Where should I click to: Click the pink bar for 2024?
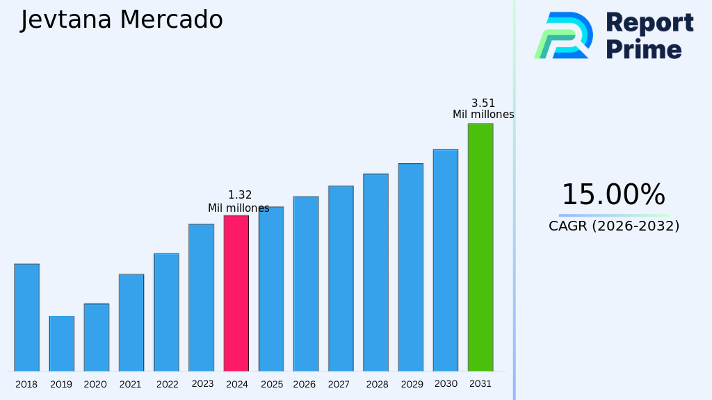coord(236,293)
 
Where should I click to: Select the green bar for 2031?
coord(480,247)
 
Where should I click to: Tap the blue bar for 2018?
coord(26,317)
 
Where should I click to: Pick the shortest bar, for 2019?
coord(61,344)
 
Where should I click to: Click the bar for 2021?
coord(131,322)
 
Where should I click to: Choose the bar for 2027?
coord(341,278)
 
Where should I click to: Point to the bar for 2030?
coord(445,260)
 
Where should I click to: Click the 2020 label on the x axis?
coord(95,384)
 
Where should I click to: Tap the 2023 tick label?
coord(202,383)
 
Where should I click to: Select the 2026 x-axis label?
coord(305,384)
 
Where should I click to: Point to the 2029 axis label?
coord(411,384)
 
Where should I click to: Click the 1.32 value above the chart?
coord(240,195)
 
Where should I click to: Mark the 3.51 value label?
coord(483,103)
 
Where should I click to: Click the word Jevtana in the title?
coord(65,20)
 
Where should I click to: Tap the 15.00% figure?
coord(613,194)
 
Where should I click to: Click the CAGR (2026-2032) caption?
coord(614,226)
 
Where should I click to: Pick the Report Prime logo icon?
coord(563,35)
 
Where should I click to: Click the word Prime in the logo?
coord(644,49)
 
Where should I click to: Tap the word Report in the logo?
coord(649,22)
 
